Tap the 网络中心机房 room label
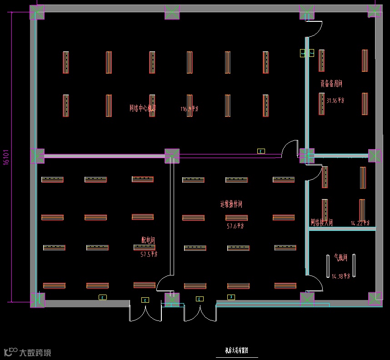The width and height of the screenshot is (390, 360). click(143, 108)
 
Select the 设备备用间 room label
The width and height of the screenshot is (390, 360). click(331, 84)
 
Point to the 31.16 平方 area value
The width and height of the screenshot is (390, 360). click(335, 100)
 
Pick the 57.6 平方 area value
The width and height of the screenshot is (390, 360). click(235, 225)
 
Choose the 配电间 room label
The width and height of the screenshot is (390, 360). click(149, 240)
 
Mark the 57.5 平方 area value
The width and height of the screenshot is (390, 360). click(149, 255)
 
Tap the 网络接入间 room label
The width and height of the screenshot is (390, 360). click(322, 223)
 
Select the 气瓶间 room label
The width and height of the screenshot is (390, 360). click(340, 258)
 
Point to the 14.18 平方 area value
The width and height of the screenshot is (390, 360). click(341, 275)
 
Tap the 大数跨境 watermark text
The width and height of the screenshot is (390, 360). click(35, 352)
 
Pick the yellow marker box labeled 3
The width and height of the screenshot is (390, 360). click(231, 297)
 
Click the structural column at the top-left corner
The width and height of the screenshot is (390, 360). click(37, 12)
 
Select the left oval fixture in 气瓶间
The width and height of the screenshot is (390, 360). click(328, 266)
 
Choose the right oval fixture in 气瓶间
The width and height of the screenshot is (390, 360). click(354, 266)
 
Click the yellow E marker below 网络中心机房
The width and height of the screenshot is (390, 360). click(261, 151)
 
